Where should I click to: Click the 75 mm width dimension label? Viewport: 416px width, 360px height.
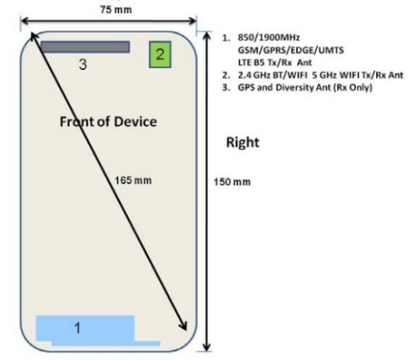116,10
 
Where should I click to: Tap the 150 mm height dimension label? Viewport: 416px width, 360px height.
232,182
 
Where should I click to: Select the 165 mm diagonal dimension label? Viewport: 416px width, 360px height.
133,180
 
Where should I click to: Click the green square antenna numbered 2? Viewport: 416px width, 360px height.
160,55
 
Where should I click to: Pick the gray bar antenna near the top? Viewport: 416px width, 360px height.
85,47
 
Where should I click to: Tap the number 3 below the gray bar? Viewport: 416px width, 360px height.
82,64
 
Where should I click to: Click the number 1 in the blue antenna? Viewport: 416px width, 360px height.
77,328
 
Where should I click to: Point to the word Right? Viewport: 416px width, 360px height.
243,142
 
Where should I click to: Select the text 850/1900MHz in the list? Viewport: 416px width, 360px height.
269,37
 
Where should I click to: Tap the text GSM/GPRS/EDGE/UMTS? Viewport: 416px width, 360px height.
291,50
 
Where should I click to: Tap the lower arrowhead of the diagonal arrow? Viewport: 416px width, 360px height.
184,326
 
